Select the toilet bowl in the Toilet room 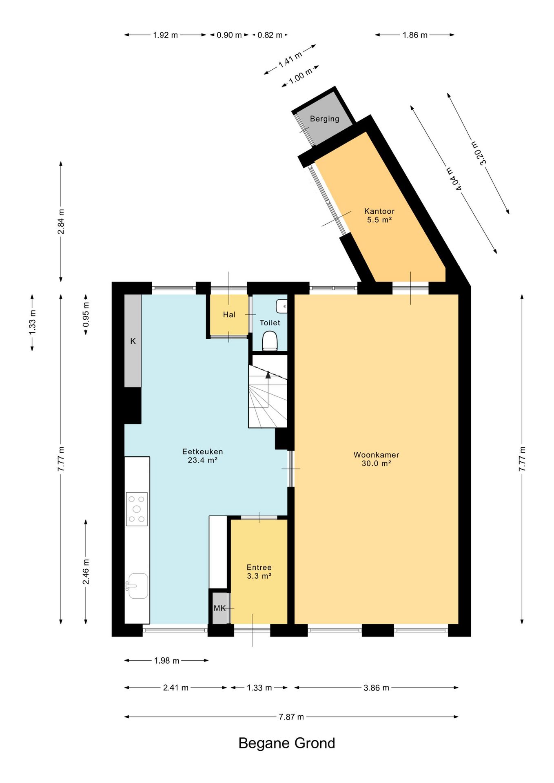270,341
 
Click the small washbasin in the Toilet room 281,306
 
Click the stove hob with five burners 137,509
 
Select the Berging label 325,119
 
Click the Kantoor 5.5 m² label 379,215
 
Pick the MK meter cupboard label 219,608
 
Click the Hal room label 229,314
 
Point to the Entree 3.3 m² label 259,571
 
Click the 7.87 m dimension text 291,717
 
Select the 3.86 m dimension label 376,688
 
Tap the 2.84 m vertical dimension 61,221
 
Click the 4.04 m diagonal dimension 454,179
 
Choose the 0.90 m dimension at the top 229,35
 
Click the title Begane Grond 287,743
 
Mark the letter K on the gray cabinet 133,341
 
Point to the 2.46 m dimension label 86,572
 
